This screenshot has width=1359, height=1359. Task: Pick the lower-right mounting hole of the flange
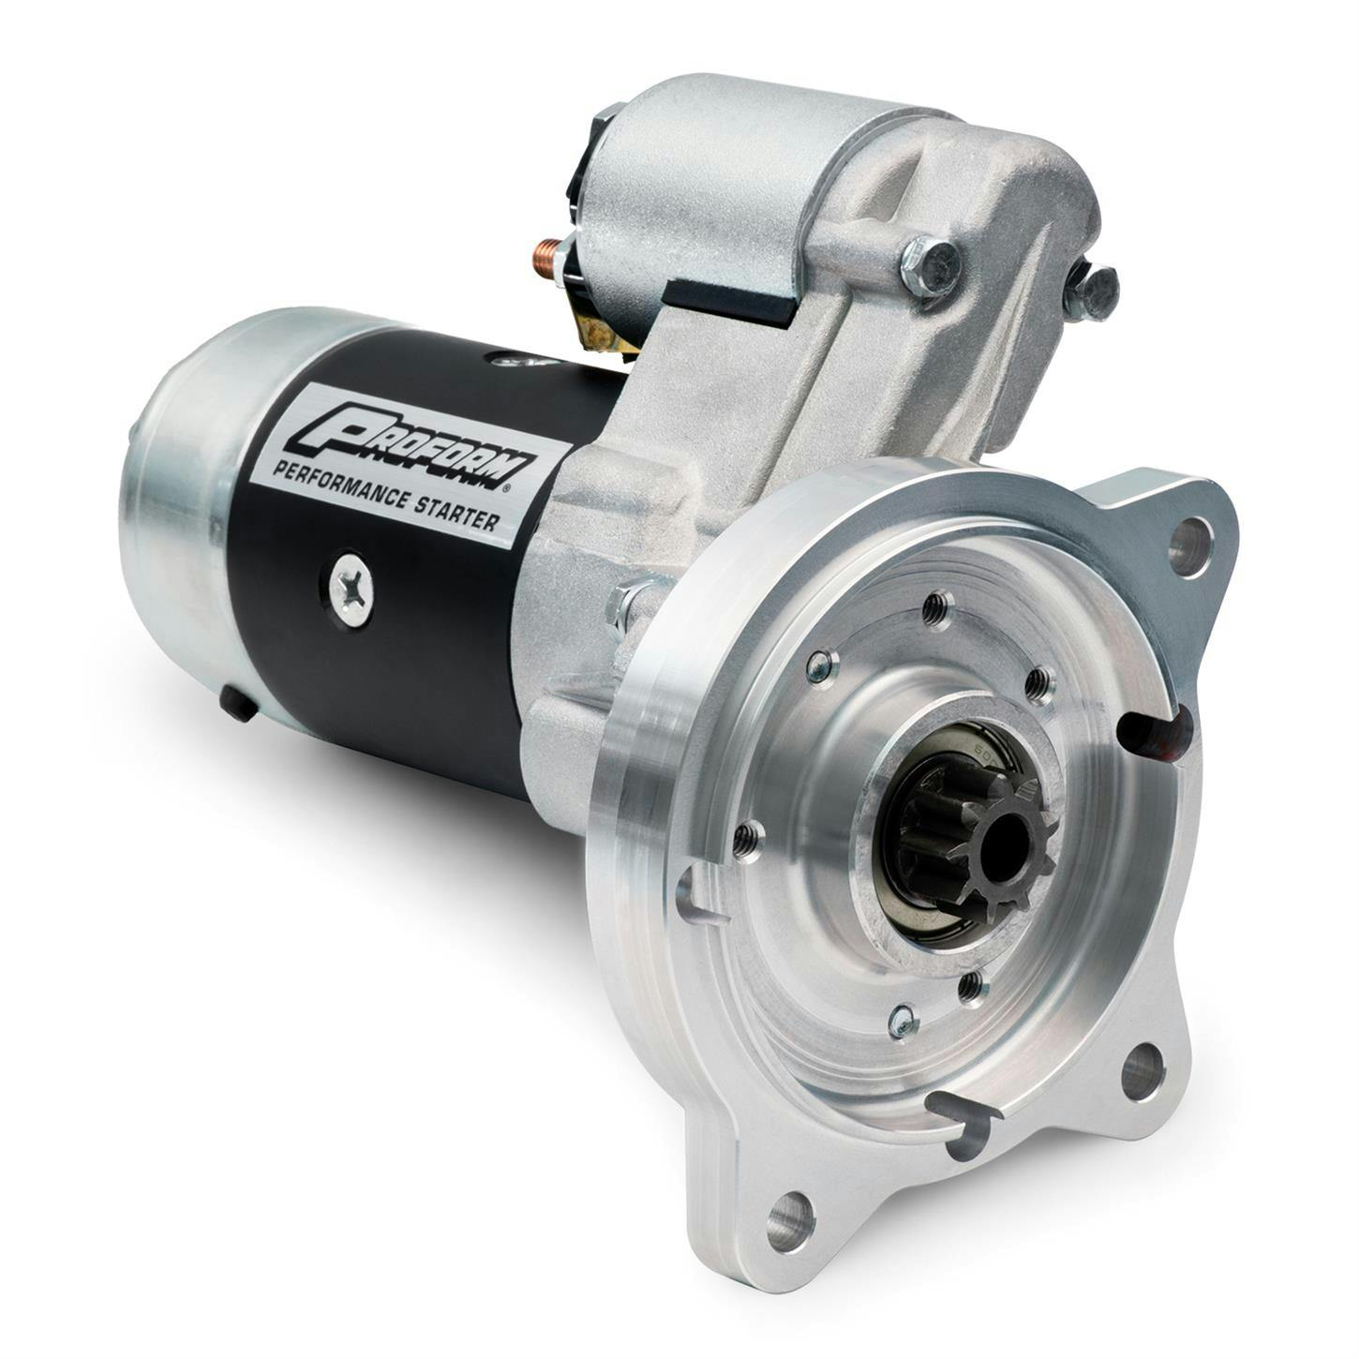(1142, 1072)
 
